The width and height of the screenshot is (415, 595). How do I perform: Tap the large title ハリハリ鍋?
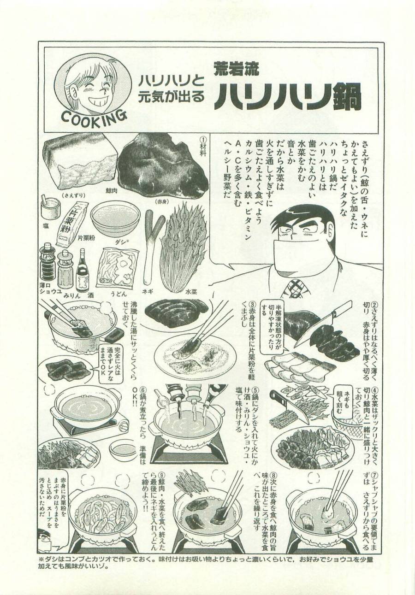[287, 96]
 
